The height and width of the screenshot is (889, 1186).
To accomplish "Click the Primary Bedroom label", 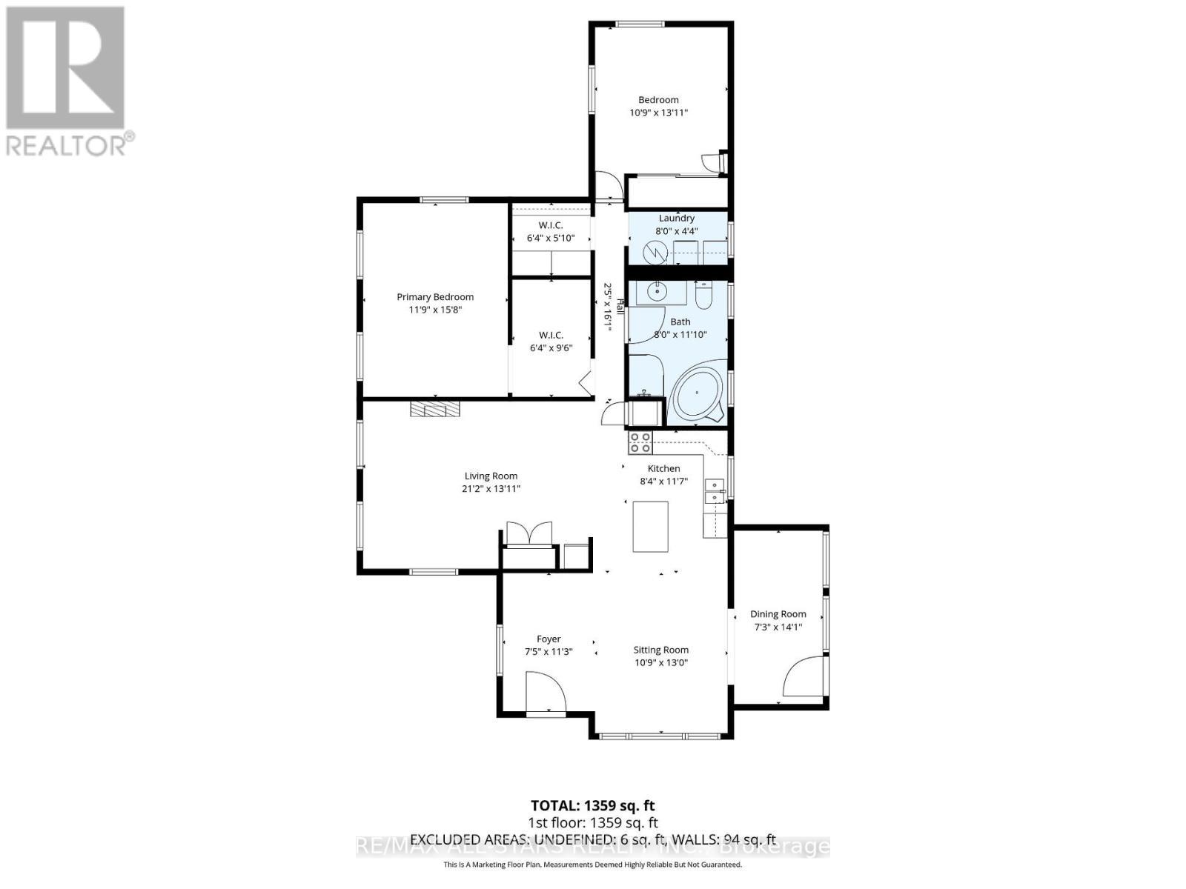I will [x=435, y=296].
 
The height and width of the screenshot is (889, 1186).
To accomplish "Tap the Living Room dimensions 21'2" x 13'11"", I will [x=491, y=489].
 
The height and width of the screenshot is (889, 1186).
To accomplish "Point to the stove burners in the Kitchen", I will [x=640, y=442].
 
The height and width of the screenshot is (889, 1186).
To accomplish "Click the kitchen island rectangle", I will [x=650, y=526].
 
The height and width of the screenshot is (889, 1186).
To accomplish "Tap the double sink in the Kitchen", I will [x=715, y=491].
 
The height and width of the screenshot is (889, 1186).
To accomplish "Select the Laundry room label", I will [x=676, y=218].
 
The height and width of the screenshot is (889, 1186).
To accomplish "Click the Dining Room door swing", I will [x=803, y=678].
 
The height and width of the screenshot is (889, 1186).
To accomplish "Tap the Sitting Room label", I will [x=660, y=650].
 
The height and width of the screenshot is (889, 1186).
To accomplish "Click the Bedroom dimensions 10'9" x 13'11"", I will [x=658, y=113].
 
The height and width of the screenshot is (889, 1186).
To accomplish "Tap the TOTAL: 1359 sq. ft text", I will [x=592, y=805].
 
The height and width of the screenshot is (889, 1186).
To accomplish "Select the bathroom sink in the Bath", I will [x=656, y=291].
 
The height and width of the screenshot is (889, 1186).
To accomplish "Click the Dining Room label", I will [x=778, y=613].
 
